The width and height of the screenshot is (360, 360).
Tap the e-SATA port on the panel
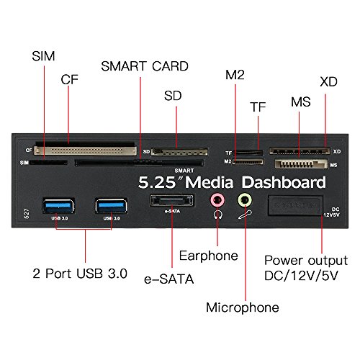pyautogui.click(x=171, y=202)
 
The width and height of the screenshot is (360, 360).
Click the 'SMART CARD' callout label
pyautogui.click(x=144, y=66)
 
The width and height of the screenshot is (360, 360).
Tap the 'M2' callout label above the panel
pyautogui.click(x=236, y=76)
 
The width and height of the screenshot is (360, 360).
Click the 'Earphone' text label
pyautogui.click(x=208, y=256)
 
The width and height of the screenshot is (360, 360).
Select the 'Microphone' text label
pyautogui.click(x=243, y=307)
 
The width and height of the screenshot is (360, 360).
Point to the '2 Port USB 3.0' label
pyautogui.click(x=79, y=274)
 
